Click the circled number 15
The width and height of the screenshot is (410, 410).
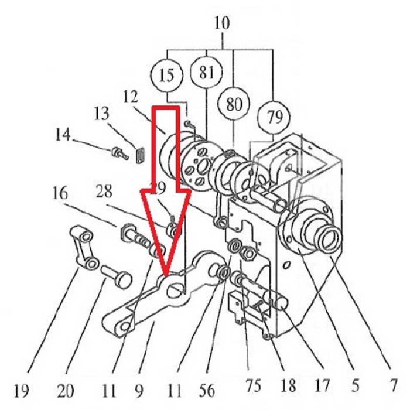[166, 76]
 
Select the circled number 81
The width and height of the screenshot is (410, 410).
[206, 73]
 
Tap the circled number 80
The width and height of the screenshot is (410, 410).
[234, 104]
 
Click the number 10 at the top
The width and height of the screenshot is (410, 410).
[223, 23]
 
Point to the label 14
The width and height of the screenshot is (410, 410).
[63, 135]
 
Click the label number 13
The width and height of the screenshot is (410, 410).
[101, 112]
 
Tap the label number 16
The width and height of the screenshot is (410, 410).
[60, 193]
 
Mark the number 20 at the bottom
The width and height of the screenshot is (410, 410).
[66, 389]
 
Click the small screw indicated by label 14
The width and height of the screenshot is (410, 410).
[118, 153]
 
